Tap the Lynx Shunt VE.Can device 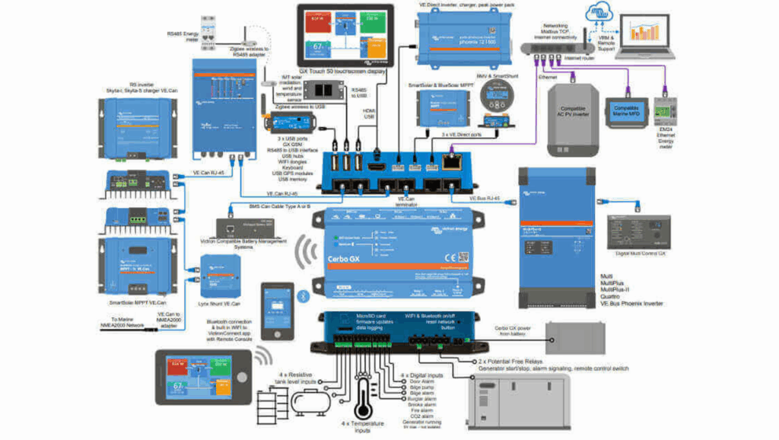pos(220,275)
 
